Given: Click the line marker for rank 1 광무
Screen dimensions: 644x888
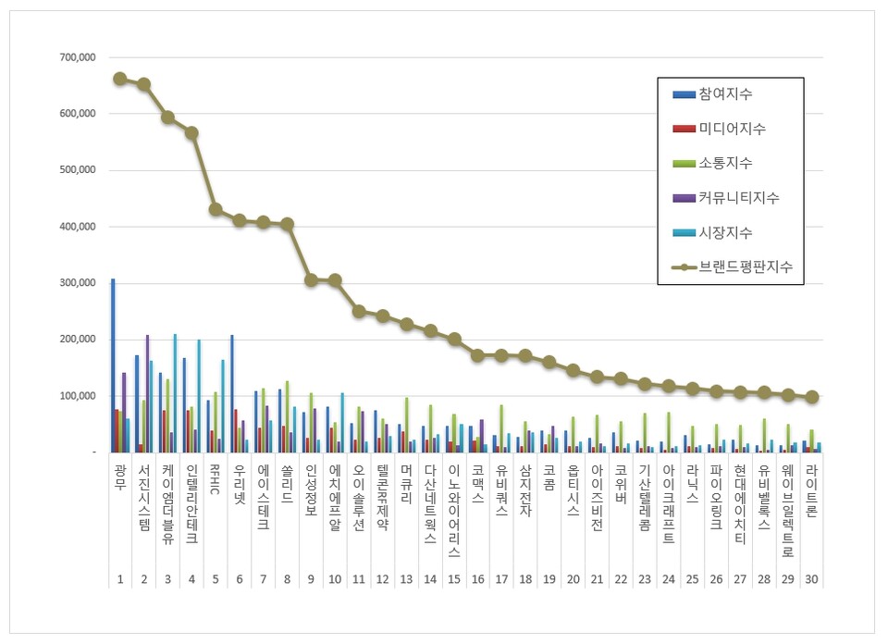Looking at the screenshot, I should [120, 79].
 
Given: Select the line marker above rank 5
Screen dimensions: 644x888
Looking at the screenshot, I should [216, 209].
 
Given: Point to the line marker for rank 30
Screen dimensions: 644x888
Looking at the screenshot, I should [811, 397].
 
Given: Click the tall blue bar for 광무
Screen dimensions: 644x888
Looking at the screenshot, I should [113, 365].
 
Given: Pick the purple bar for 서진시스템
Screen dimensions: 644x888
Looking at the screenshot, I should [147, 393].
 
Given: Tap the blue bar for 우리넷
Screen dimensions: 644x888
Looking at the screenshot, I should [232, 393].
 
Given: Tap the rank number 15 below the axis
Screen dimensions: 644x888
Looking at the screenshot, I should [453, 579].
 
